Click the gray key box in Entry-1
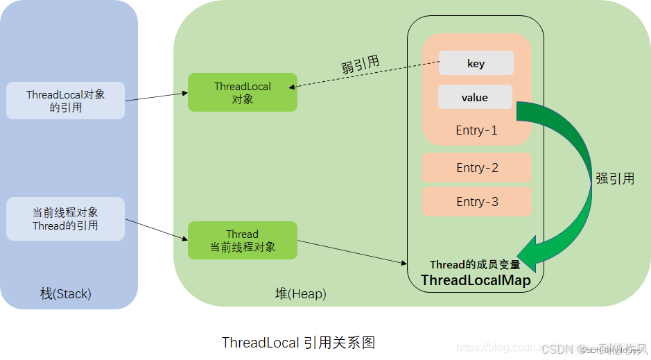(x=476, y=63)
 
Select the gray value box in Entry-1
(x=475, y=97)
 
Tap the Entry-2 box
(x=477, y=168)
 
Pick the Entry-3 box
(x=477, y=202)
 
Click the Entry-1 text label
(x=477, y=130)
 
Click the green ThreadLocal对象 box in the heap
(x=243, y=92)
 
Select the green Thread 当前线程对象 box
(x=243, y=241)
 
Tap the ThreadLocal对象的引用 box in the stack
(x=65, y=101)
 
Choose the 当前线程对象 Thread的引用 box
(x=65, y=218)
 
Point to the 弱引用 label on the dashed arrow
(x=360, y=65)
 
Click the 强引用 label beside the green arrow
(x=615, y=178)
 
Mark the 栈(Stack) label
(x=66, y=294)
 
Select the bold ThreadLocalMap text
(x=476, y=280)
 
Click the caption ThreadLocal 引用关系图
(x=298, y=343)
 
